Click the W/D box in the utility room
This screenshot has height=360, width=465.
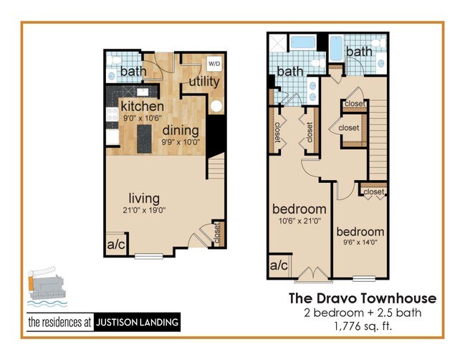[x=214, y=63]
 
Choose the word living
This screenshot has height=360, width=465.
[x=143, y=198]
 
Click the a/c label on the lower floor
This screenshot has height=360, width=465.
[x=116, y=243]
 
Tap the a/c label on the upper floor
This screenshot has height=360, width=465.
[x=279, y=266]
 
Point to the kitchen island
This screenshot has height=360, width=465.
[x=144, y=134]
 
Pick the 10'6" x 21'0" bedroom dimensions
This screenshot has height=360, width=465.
[x=299, y=221]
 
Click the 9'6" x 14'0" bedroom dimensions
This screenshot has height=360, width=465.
[x=360, y=244]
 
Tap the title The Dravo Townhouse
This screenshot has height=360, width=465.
[x=362, y=298]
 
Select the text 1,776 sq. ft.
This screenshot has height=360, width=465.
[x=362, y=328]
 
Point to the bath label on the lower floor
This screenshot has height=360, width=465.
[x=133, y=71]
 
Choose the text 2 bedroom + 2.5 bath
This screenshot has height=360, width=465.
[x=362, y=313]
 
